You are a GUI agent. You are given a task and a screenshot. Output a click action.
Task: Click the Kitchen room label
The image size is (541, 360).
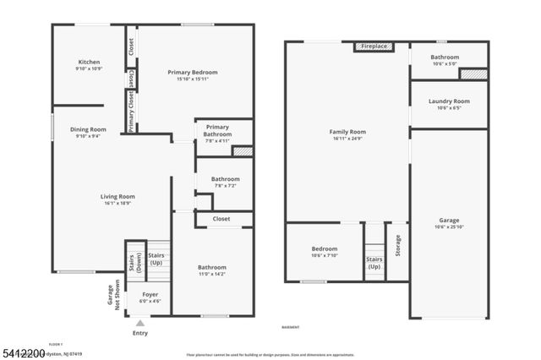click(x=89, y=62)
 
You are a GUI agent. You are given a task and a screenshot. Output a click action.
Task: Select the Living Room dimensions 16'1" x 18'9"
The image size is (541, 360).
click(x=118, y=204)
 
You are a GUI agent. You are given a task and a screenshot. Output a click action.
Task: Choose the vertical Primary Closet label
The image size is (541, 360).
click(x=132, y=112)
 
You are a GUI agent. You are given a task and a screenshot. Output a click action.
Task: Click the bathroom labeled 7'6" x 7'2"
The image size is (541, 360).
click(x=225, y=185)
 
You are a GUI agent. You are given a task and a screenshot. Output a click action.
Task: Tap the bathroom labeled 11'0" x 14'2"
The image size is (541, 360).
click(x=211, y=274)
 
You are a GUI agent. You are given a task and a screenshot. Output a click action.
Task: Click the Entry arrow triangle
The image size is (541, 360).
click(x=140, y=322)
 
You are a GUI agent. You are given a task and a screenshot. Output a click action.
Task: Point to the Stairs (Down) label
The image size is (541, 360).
click(x=131, y=264)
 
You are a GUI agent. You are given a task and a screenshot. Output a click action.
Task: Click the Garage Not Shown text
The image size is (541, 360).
click(x=112, y=296)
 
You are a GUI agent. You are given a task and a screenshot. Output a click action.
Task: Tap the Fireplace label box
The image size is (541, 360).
click(x=372, y=47)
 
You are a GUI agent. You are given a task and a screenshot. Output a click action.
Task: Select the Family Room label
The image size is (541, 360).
click(x=347, y=132)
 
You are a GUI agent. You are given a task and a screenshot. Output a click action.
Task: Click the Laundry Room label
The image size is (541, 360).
click(x=448, y=101)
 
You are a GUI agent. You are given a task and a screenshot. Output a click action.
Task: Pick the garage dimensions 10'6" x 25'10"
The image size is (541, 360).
click(x=448, y=226)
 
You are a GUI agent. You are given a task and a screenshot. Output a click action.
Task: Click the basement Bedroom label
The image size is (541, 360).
click(x=325, y=249)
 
